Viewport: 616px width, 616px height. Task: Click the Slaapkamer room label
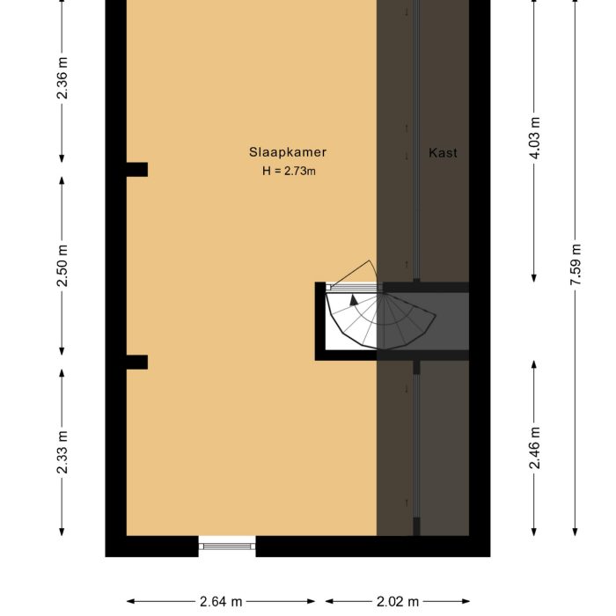288,152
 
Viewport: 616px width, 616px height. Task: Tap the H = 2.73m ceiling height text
288,172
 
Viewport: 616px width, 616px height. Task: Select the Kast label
443,152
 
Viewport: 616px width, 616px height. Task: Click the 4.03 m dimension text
535,138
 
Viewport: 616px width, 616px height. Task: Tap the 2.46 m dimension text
535,448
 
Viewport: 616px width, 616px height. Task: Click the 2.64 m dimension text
221,602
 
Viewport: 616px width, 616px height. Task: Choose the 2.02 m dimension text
398,602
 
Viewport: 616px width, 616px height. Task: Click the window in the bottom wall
226,546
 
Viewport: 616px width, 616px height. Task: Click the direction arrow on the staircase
354,300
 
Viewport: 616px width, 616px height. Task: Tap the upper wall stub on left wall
136,170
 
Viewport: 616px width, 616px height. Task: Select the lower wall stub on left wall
136,362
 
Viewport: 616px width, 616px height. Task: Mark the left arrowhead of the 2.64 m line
130,602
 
